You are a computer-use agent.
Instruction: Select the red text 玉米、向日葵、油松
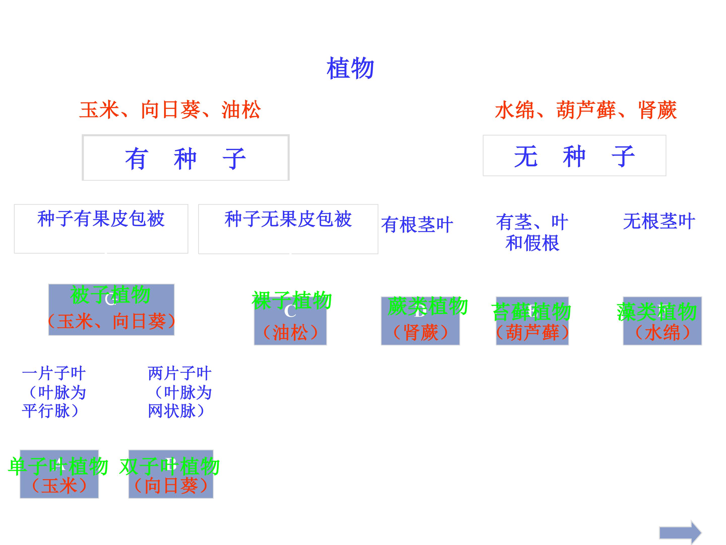click(x=170, y=110)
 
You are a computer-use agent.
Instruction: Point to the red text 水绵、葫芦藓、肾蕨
click(x=586, y=110)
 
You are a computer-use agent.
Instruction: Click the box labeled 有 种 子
click(x=186, y=158)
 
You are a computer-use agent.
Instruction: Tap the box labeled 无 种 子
click(x=574, y=156)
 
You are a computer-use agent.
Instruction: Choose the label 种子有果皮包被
click(x=101, y=219)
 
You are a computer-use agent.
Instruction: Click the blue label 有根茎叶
click(x=417, y=225)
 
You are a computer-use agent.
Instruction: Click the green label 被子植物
click(x=110, y=295)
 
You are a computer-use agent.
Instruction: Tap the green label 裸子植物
click(x=291, y=300)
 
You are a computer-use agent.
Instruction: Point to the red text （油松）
click(x=290, y=333)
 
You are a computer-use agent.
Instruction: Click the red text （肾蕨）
click(x=420, y=333)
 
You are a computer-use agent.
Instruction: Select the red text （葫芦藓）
click(x=532, y=333)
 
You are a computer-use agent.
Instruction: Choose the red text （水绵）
click(x=662, y=333)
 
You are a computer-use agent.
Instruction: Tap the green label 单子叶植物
click(x=58, y=466)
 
